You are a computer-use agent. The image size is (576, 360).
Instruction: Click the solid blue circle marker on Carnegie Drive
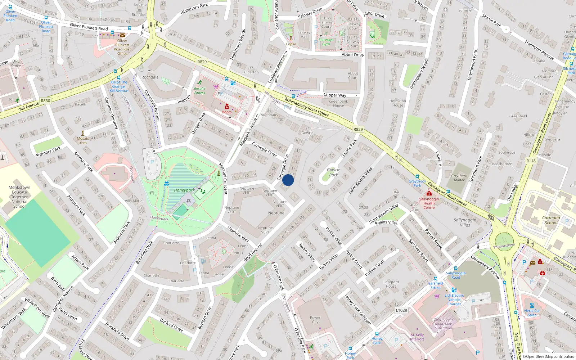coord(288,180)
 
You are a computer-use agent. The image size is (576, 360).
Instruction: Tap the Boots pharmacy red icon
coord(227,107)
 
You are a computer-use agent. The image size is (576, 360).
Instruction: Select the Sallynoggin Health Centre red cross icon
coord(429,193)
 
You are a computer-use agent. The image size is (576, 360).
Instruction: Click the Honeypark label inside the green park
coord(184,190)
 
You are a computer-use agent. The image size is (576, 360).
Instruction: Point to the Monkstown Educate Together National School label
coord(19,197)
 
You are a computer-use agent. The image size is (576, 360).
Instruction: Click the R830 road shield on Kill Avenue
coord(45,101)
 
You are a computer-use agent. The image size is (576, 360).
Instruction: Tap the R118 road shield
coord(531,161)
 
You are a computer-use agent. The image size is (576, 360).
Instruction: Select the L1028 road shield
coord(401,310)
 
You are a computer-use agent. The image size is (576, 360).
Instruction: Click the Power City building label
coord(315,320)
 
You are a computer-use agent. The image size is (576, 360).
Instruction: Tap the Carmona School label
coord(551,220)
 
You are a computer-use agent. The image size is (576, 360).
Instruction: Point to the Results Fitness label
coord(199,91)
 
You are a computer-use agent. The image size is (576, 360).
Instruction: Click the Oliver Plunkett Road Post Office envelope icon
coord(122,35)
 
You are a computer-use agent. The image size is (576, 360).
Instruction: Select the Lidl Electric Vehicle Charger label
coord(454,300)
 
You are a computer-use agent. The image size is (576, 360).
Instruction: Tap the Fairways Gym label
coord(326,42)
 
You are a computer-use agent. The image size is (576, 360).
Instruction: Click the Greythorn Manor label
coord(459,178)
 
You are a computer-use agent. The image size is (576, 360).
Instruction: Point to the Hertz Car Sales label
coord(532,312)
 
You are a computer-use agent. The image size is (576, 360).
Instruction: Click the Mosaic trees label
coord(83,140)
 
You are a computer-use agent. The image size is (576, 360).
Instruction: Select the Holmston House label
coord(397,103)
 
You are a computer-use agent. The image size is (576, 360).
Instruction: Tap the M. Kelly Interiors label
coord(417,337)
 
